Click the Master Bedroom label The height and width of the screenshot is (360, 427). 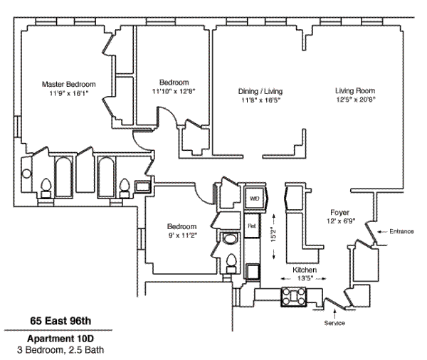68,83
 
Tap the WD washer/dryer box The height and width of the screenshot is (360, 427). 253,199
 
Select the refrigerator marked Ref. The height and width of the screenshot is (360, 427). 252,225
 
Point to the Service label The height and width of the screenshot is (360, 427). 334,324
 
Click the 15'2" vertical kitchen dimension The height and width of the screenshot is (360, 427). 275,235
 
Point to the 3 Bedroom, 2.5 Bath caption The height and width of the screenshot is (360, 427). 56,349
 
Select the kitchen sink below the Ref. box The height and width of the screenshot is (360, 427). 253,271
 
